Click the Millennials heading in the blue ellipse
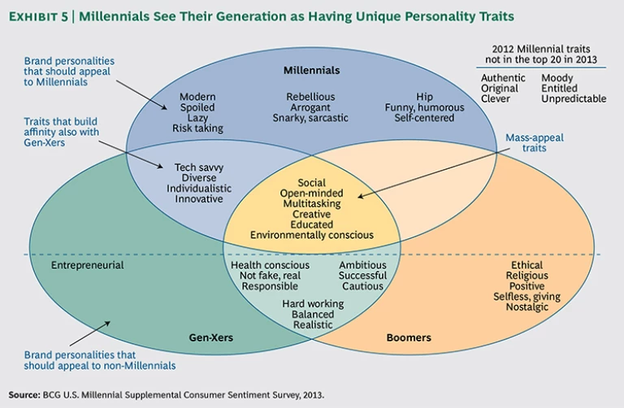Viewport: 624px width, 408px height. coord(311,71)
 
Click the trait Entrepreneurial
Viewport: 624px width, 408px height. coord(87,265)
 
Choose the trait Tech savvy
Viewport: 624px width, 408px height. coord(199,167)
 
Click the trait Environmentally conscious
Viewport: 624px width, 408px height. coord(312,235)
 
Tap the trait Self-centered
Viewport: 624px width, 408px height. coord(424,118)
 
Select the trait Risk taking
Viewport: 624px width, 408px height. coord(197,128)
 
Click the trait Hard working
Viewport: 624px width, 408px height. coord(313,303)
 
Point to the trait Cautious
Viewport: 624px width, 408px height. coord(363,286)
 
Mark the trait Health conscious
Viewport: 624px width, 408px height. coord(270,265)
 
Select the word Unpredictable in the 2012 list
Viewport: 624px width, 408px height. coord(574,98)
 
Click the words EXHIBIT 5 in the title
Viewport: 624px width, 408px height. coord(41,15)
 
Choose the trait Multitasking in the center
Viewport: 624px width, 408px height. coord(312,203)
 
